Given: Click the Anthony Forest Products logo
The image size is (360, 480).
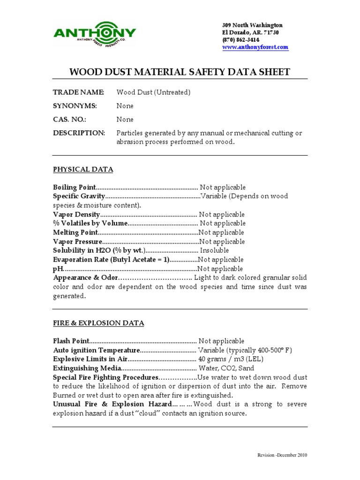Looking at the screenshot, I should pos(95,34).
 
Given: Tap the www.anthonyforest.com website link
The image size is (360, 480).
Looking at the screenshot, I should pos(255,47).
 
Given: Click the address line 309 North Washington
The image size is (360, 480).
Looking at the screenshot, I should pos(252,25).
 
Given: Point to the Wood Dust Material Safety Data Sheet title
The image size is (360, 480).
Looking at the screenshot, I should pos(180,72).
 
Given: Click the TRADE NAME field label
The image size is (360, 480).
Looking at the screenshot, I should pos(78,92).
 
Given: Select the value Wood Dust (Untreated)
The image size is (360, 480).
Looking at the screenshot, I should pos(153,92).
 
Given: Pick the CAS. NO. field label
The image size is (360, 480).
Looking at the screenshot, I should pos(70,120).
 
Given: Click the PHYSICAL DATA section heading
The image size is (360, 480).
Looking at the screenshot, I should pos(83,169).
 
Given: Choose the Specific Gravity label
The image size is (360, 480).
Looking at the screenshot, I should pos(79,196).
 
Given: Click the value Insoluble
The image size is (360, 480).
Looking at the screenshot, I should pos(214,251).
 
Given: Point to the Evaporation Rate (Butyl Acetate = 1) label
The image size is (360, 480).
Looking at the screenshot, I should pos(111,260).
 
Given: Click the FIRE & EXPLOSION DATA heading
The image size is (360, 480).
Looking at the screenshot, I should pos(98,323).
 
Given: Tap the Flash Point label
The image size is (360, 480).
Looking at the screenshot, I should pos(70,341).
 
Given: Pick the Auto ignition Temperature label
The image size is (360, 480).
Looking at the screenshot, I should pos(96,351).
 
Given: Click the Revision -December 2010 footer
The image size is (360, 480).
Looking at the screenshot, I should pos(283,455).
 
